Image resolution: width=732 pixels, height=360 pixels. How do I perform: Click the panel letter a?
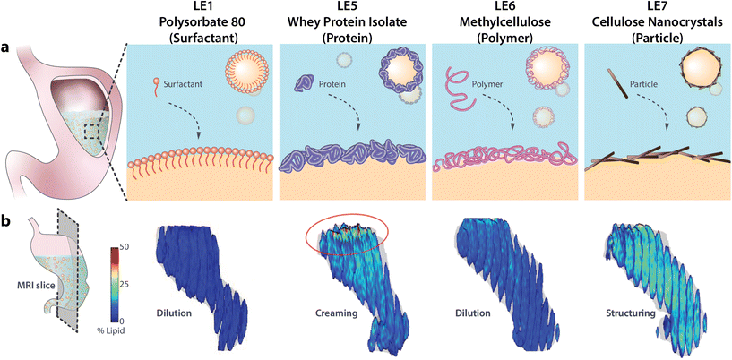tap(6, 49)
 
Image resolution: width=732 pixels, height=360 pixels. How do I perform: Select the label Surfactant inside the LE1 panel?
tap(181, 85)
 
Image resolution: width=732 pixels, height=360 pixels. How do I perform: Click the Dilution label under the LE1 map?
tap(175, 313)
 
